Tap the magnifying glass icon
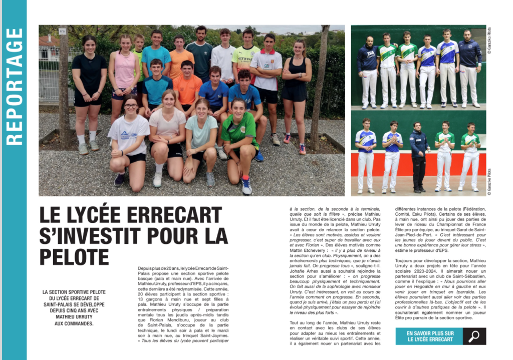pyautogui.click(x=474, y=336)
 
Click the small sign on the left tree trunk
pyautogui.click(x=62, y=31)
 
